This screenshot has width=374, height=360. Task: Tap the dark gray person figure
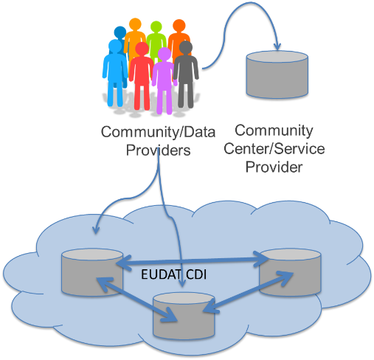186,74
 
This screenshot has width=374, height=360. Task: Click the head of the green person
156,27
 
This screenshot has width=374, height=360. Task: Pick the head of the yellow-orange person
135,24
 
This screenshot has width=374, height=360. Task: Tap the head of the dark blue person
120,32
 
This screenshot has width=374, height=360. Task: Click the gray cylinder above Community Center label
277,75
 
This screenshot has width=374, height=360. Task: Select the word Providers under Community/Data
158,150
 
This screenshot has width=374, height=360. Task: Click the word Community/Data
158,132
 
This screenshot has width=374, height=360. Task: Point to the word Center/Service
274,149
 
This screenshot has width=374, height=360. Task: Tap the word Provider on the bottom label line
274,167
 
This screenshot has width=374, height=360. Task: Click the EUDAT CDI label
173,274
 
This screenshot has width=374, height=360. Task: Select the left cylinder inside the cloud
92,272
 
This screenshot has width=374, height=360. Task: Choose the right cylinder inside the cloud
290,272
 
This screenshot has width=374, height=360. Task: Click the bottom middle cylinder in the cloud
184,316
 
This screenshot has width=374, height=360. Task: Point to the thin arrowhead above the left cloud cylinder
96,230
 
